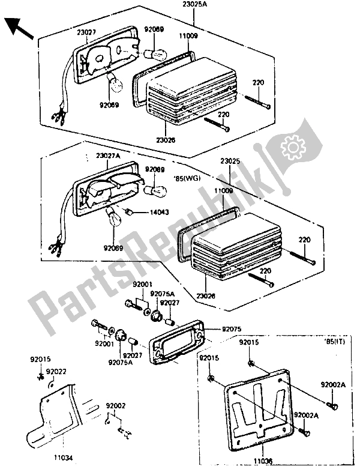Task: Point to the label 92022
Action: pyautogui.click(x=56, y=371)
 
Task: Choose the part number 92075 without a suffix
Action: pyautogui.click(x=232, y=330)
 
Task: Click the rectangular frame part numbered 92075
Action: pyautogui.click(x=174, y=342)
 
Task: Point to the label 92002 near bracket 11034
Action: pyautogui.click(x=116, y=407)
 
